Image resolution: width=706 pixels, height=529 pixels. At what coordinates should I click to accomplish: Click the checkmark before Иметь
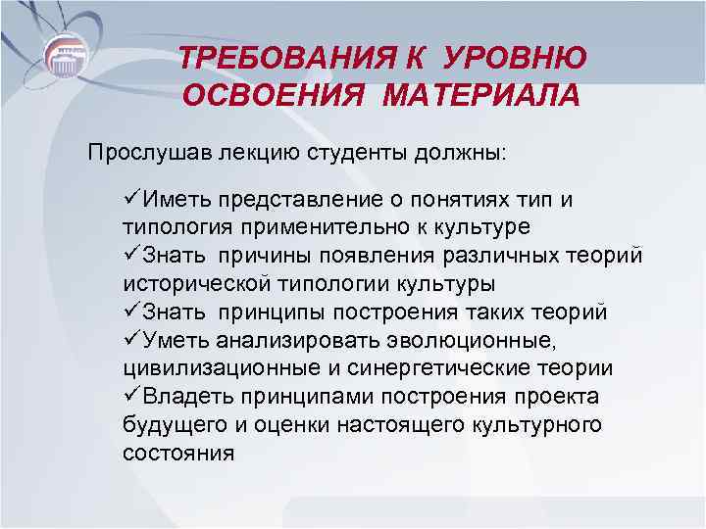tap(131, 199)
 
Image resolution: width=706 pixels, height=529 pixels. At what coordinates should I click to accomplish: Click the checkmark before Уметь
tap(131, 341)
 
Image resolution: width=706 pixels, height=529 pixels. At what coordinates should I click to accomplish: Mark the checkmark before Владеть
tap(131, 398)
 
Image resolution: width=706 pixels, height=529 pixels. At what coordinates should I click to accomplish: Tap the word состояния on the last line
tap(179, 455)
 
